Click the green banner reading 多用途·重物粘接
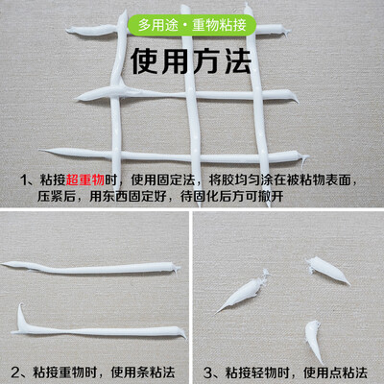click(192, 25)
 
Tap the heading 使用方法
click(191, 61)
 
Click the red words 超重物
click(85, 180)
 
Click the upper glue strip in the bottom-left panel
click(91, 268)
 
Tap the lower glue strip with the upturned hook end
click(99, 329)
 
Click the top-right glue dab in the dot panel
click(327, 270)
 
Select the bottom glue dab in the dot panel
click(314, 339)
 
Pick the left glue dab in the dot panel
click(242, 291)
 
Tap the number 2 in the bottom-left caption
click(15, 372)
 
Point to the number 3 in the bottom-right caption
click(207, 372)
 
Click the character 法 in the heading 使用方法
click(237, 61)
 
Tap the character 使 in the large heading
click(145, 61)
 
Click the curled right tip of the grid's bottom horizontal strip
click(304, 158)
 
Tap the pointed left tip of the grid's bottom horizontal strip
click(40, 150)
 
